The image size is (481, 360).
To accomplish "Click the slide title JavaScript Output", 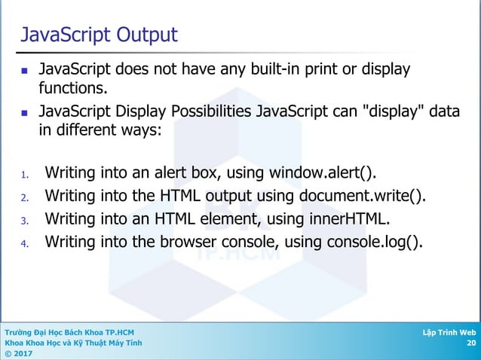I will [99, 35].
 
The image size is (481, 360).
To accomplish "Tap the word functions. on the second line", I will [74, 90].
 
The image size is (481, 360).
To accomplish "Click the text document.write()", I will [367, 197].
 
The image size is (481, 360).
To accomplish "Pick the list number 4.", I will [24, 244].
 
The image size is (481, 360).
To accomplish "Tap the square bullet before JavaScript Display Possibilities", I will [25, 114].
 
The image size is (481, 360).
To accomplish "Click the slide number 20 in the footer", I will [471, 343].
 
